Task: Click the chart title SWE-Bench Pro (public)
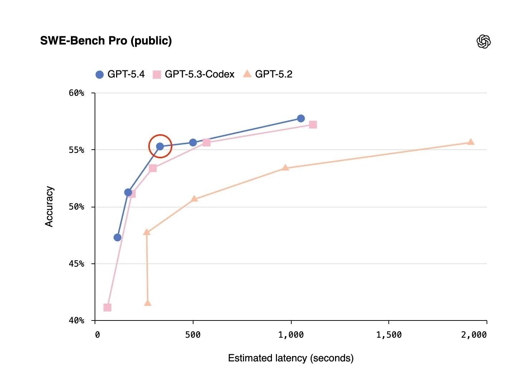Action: click(x=106, y=41)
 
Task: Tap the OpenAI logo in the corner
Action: click(x=483, y=42)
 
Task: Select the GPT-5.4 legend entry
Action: click(x=120, y=74)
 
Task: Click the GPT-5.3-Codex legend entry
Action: click(x=193, y=74)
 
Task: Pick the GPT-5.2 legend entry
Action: click(x=268, y=74)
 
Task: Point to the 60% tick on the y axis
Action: click(x=76, y=93)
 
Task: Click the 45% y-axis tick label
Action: click(x=76, y=264)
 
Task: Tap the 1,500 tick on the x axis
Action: click(x=389, y=335)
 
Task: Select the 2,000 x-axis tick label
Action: click(x=474, y=335)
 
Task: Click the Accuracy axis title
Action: click(x=49, y=206)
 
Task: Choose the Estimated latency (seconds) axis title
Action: click(x=291, y=358)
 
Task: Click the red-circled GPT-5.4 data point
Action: click(x=160, y=146)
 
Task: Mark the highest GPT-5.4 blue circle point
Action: click(x=301, y=118)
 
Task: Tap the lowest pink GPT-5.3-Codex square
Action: click(x=107, y=308)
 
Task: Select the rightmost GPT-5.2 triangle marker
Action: click(x=471, y=142)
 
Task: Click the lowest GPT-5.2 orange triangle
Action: click(x=148, y=303)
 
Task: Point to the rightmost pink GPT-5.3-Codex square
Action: click(x=313, y=125)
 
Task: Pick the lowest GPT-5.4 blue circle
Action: click(x=118, y=238)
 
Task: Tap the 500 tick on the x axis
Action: click(x=193, y=335)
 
